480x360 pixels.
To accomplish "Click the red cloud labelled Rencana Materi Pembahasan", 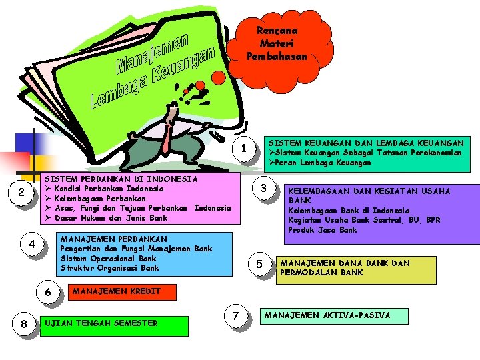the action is [277, 43].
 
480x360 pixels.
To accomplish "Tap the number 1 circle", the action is [245, 147].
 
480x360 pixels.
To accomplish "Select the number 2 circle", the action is [21, 193].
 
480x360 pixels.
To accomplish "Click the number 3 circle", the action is [263, 188].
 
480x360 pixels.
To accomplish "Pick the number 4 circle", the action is [32, 243].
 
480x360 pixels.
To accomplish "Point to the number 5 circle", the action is [259, 264].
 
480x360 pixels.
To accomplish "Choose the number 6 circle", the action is [47, 292].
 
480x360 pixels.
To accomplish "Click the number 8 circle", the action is [23, 324].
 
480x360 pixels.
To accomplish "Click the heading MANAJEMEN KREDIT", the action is [107, 291].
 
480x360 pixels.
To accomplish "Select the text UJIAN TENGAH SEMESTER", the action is [101, 323].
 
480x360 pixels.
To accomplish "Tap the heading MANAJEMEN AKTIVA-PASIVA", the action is [327, 315].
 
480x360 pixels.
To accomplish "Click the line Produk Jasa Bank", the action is [322, 230].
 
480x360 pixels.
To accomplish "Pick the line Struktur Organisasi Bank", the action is [109, 268].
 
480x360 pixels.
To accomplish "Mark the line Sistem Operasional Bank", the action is [108, 258].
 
